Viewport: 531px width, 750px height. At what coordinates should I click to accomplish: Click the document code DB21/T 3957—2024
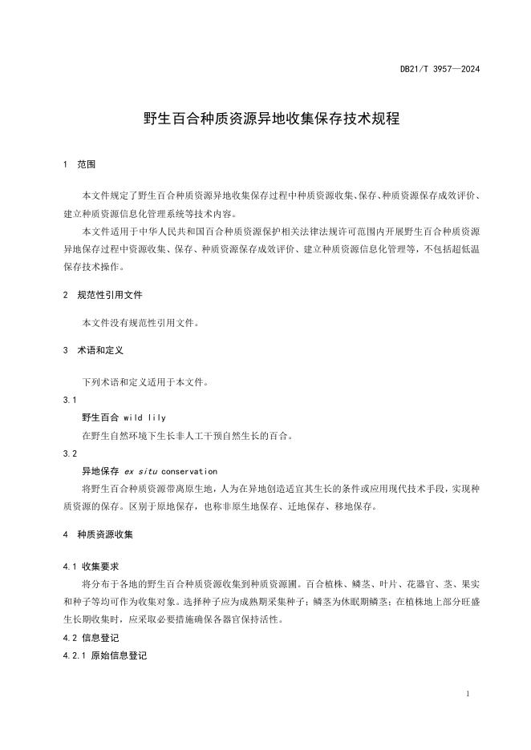pyautogui.click(x=440, y=69)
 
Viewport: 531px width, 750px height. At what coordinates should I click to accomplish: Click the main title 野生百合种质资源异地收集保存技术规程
pyautogui.click(x=271, y=119)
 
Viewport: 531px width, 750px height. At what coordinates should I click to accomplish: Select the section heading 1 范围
pyautogui.click(x=79, y=164)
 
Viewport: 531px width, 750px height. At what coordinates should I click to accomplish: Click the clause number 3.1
pyautogui.click(x=69, y=399)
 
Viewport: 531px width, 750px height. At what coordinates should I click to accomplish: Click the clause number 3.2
pyautogui.click(x=69, y=454)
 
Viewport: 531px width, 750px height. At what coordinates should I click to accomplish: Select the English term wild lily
pyautogui.click(x=145, y=417)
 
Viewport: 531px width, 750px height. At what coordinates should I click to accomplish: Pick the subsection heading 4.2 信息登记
pyautogui.click(x=91, y=639)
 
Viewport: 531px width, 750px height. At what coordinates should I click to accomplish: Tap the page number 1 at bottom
pyautogui.click(x=467, y=693)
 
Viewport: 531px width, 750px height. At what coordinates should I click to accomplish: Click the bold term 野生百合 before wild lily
pyautogui.click(x=100, y=417)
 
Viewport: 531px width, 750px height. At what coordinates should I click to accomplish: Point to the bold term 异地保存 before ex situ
pyautogui.click(x=100, y=472)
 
